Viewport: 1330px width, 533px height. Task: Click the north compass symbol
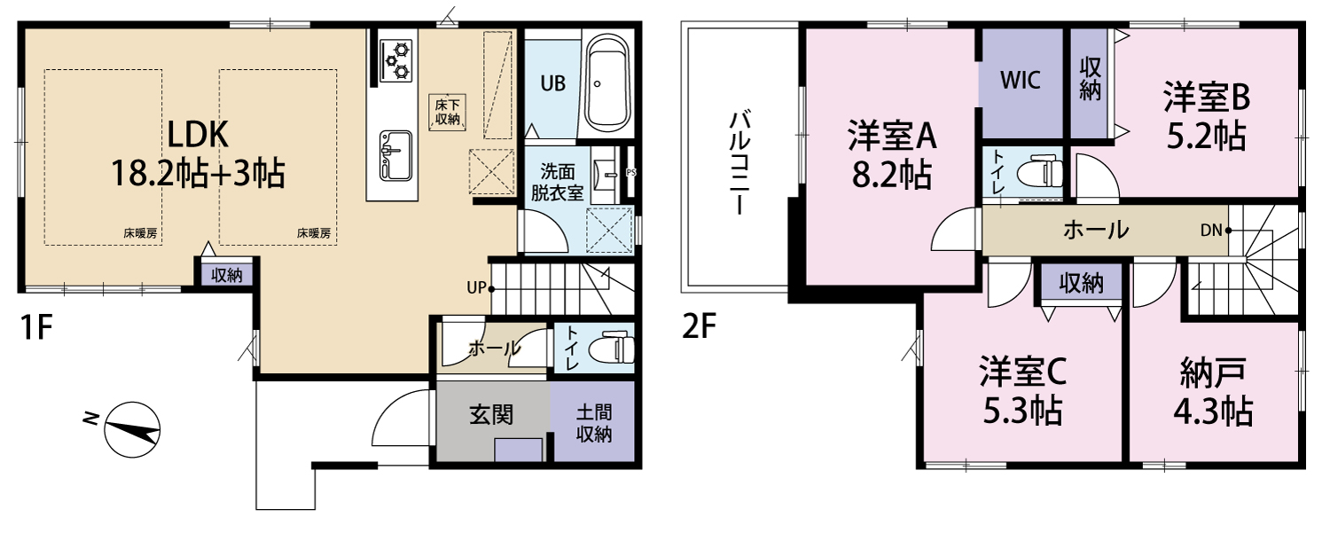132,429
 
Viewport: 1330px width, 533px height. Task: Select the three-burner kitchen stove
395,60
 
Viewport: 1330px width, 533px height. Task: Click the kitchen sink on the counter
395,156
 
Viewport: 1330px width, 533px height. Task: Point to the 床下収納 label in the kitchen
447,113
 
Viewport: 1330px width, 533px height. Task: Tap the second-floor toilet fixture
1040,173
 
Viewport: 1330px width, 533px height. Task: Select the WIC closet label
1020,80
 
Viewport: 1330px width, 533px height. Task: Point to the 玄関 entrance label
491,414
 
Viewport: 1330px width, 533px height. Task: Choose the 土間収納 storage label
594,423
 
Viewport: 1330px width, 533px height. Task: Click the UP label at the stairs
476,287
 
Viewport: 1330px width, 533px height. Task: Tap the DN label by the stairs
1210,230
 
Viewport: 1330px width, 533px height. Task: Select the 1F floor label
36,327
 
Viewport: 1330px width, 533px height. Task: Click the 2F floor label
699,326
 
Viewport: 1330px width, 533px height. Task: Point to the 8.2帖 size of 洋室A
891,175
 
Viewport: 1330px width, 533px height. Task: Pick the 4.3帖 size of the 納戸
1213,412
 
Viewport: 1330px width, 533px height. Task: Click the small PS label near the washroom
630,172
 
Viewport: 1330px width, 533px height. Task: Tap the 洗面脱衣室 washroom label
557,182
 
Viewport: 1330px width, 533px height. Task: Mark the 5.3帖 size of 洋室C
1022,410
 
